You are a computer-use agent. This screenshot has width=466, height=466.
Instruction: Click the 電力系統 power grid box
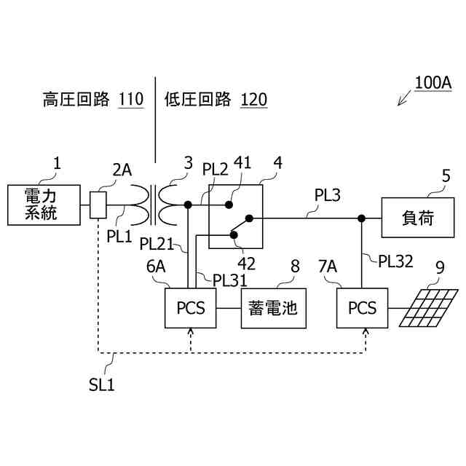44,205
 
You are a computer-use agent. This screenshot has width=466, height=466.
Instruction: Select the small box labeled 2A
98,205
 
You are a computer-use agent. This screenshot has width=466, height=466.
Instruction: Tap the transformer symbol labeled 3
154,205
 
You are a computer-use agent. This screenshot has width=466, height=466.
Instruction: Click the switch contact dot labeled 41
229,205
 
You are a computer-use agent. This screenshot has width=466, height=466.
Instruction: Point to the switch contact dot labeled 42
234,235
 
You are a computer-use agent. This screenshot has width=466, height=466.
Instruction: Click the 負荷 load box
418,218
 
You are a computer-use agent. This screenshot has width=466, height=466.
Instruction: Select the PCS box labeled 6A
191,308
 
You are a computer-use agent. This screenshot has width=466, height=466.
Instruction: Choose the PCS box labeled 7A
362,308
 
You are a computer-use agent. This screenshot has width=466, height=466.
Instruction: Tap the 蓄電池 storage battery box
274,308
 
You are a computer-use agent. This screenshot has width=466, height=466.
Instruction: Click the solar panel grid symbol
428,308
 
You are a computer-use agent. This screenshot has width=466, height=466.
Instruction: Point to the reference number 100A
433,83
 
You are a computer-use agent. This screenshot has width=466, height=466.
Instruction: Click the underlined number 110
131,99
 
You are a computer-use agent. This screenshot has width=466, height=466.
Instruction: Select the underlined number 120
253,99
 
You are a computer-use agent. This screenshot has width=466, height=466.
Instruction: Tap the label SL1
102,385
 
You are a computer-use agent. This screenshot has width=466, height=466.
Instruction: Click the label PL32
395,261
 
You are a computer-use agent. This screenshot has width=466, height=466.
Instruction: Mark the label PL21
157,244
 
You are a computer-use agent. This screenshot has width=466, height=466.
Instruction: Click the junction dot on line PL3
361,218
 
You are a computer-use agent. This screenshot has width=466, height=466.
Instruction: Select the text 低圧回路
197,99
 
